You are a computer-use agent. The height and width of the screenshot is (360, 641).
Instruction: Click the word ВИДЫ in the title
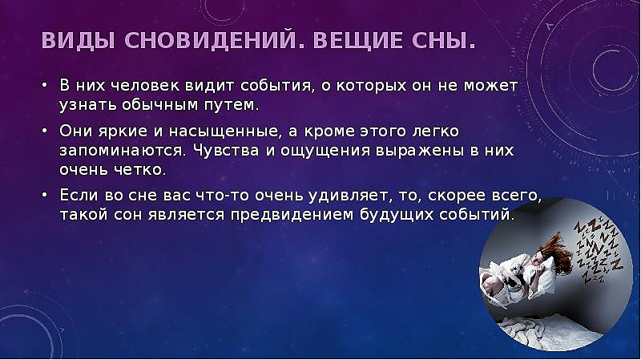78,41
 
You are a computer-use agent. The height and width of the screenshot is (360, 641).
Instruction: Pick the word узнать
88,105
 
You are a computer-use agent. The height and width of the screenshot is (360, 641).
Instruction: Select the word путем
232,105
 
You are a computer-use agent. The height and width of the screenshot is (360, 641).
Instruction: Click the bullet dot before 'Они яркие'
45,131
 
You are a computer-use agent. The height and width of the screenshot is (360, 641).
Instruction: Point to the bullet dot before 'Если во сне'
45,195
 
